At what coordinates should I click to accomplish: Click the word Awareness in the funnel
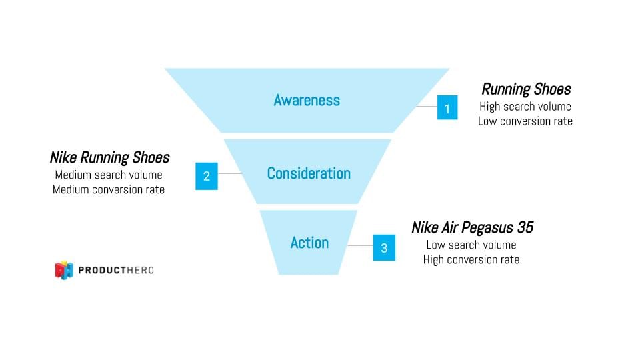(x=307, y=101)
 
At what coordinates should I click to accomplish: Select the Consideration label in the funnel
(x=309, y=173)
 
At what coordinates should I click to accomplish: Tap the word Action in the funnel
(x=309, y=243)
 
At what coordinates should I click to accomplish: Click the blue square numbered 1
(x=447, y=107)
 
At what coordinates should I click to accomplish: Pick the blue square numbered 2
(x=207, y=176)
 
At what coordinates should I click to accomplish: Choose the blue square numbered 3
(x=384, y=248)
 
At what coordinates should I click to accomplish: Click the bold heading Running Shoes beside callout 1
(x=526, y=89)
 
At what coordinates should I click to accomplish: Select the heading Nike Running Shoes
(x=109, y=158)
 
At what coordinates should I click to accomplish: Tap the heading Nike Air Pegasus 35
(x=472, y=227)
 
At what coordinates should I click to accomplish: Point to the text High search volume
(x=525, y=106)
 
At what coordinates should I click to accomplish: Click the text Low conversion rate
(x=525, y=121)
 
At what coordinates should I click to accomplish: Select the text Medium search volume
(x=109, y=175)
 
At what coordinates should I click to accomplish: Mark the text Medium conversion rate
(x=109, y=189)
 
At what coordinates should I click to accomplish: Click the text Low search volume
(x=471, y=245)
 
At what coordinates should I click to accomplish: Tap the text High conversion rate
(x=471, y=259)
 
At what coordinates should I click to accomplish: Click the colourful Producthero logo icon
(x=64, y=270)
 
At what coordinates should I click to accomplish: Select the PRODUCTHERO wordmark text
(x=116, y=270)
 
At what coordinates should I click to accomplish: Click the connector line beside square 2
(x=229, y=174)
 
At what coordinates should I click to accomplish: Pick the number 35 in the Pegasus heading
(x=525, y=227)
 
